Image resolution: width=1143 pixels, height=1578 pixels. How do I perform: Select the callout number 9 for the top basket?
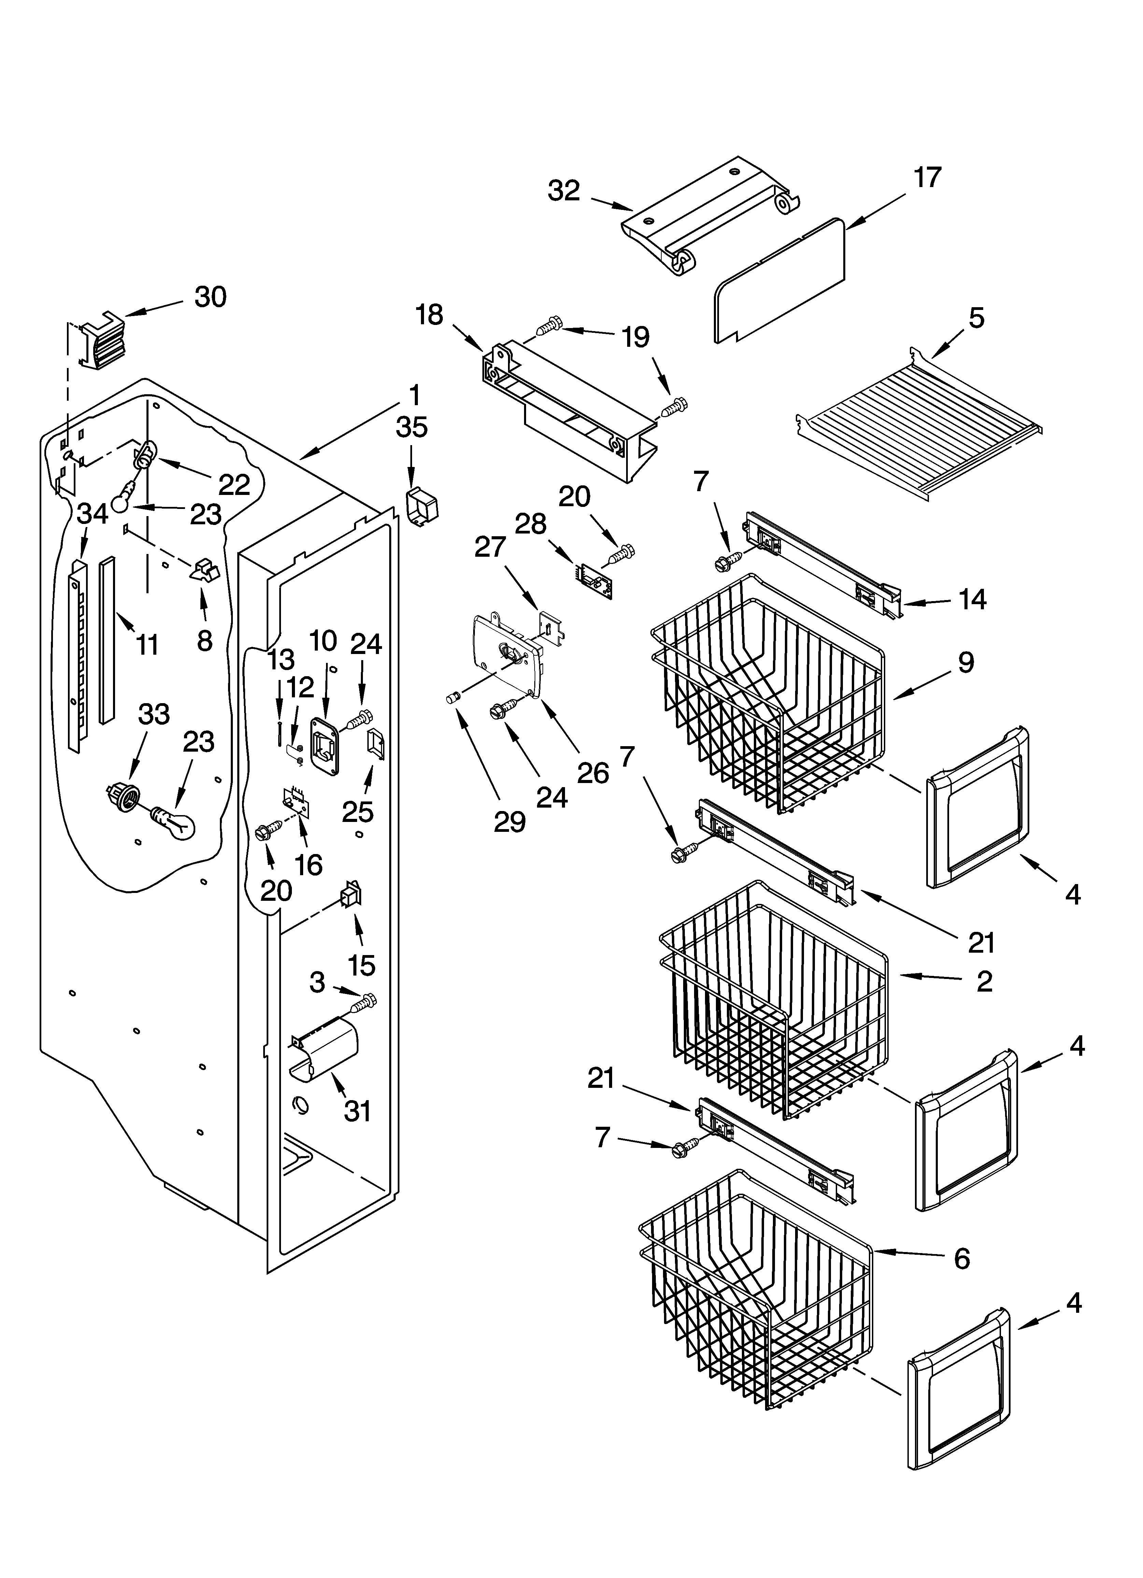[965, 663]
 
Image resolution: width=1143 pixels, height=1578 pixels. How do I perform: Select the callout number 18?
[429, 314]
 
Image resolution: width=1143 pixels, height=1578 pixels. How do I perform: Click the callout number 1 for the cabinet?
[414, 396]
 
